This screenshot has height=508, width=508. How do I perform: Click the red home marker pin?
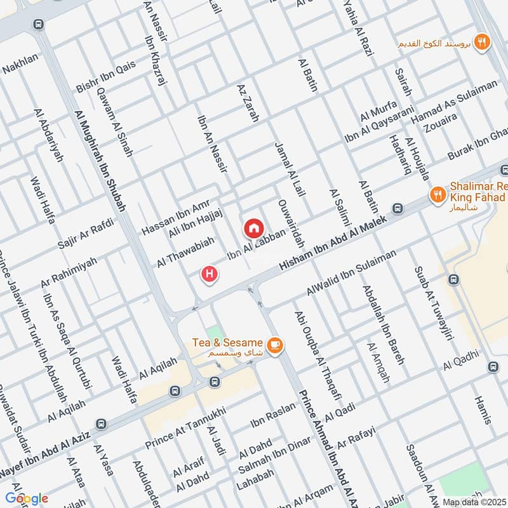click(253, 227)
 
